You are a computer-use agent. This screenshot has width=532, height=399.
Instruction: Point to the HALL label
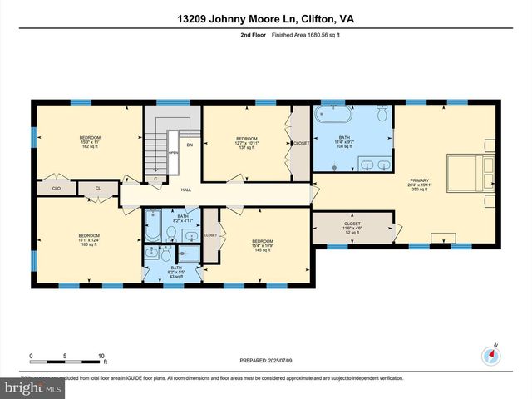click(x=186, y=190)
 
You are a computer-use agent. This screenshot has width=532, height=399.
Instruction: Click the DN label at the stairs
click(x=189, y=145)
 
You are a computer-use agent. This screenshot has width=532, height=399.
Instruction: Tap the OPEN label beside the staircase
click(x=173, y=153)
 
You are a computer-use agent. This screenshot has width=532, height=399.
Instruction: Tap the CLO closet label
click(x=57, y=189)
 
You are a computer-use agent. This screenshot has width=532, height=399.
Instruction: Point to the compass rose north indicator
click(x=492, y=353)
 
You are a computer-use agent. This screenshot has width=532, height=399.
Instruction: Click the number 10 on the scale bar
click(x=101, y=356)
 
